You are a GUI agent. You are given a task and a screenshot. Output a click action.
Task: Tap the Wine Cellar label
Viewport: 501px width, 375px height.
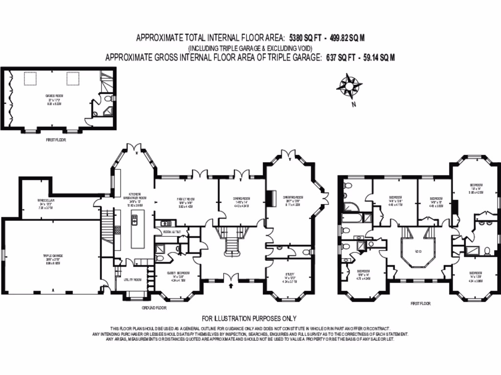point(46,201)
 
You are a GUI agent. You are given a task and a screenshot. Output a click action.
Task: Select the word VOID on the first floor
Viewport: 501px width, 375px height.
point(417,252)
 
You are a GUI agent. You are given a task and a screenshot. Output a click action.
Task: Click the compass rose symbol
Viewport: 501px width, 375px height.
point(349,86)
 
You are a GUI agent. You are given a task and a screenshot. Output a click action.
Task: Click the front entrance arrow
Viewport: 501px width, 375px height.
point(230,288)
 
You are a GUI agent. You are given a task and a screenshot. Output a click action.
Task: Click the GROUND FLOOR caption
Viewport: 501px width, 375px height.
point(154,308)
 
